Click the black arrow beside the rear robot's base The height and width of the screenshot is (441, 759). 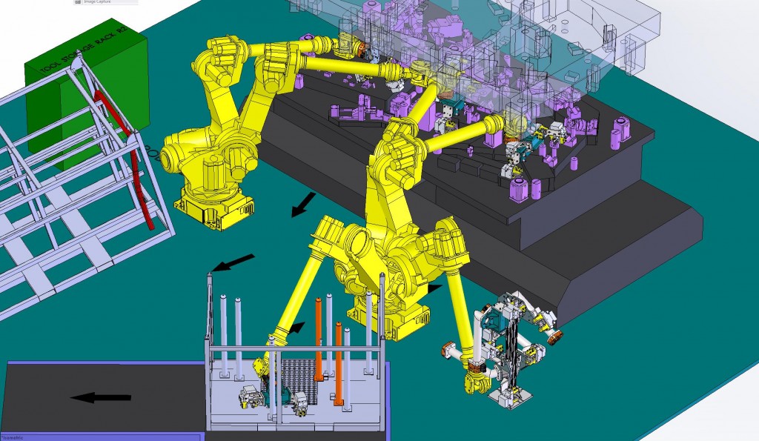click(302, 205)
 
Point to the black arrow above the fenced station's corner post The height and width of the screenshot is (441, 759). click(233, 262)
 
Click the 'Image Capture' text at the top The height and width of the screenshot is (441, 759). click(96, 2)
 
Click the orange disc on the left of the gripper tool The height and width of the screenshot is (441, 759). click(447, 351)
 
